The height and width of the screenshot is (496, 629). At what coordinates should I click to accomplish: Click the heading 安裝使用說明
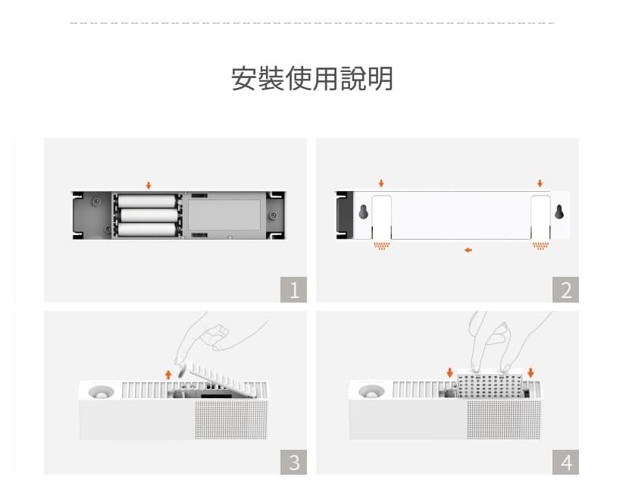click(x=312, y=79)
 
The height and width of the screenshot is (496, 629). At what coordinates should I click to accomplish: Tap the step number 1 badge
click(x=293, y=290)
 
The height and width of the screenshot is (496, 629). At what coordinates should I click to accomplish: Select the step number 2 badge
click(x=565, y=290)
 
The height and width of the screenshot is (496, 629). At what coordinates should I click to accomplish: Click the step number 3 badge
click(x=293, y=462)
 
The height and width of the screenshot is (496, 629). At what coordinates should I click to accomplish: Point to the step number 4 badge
click(x=565, y=462)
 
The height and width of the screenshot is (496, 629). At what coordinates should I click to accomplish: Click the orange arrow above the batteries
click(x=149, y=185)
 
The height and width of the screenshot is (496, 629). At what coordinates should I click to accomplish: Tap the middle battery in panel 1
click(x=149, y=215)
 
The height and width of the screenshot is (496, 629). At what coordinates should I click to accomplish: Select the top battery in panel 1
click(x=147, y=202)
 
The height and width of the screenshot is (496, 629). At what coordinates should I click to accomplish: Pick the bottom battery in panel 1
click(x=147, y=230)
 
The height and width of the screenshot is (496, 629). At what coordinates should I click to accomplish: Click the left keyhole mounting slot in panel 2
click(x=364, y=212)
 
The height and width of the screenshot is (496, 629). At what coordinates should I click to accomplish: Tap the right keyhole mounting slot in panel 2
click(x=559, y=212)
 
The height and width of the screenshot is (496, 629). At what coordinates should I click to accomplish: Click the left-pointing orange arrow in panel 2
click(x=468, y=250)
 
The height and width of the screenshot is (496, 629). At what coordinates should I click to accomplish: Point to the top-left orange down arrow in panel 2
click(x=381, y=184)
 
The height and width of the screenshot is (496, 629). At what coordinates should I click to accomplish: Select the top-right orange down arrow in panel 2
click(x=540, y=184)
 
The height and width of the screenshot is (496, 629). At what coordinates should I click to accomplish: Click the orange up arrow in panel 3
click(x=168, y=375)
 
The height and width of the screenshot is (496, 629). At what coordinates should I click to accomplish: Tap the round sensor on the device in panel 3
click(x=101, y=392)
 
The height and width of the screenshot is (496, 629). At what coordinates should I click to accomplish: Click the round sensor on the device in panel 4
click(x=371, y=391)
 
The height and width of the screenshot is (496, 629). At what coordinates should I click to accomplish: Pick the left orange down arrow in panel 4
click(x=449, y=372)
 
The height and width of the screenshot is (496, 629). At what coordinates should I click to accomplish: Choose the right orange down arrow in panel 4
click(x=530, y=372)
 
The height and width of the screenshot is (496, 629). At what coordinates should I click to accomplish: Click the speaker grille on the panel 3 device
click(x=231, y=419)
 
